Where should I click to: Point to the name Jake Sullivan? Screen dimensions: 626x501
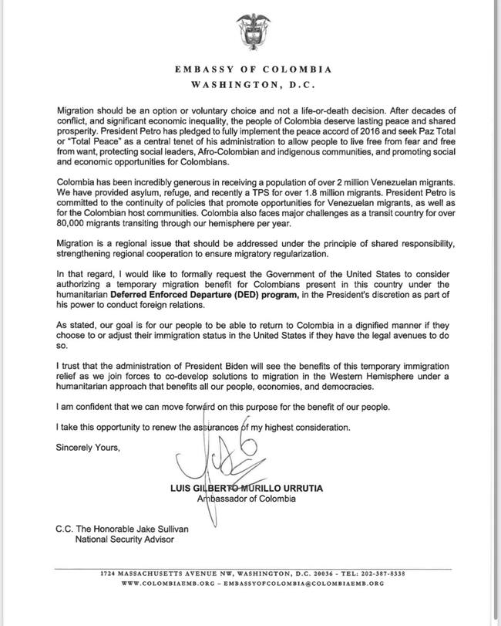click(x=155, y=528)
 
